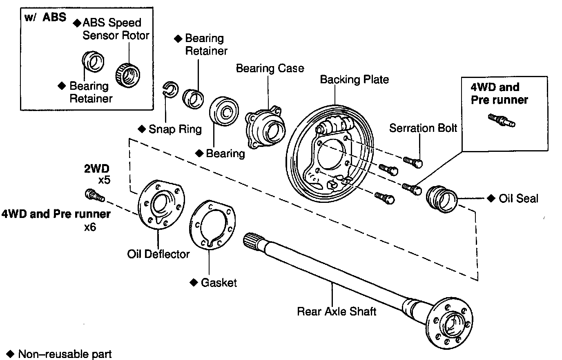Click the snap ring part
point(169,89)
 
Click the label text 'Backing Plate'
point(354,79)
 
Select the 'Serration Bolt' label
point(423,128)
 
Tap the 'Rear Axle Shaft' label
point(336,311)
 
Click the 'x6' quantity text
point(90,227)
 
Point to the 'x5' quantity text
point(104,180)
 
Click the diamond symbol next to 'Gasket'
point(194,282)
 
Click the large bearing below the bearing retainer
point(223,111)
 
